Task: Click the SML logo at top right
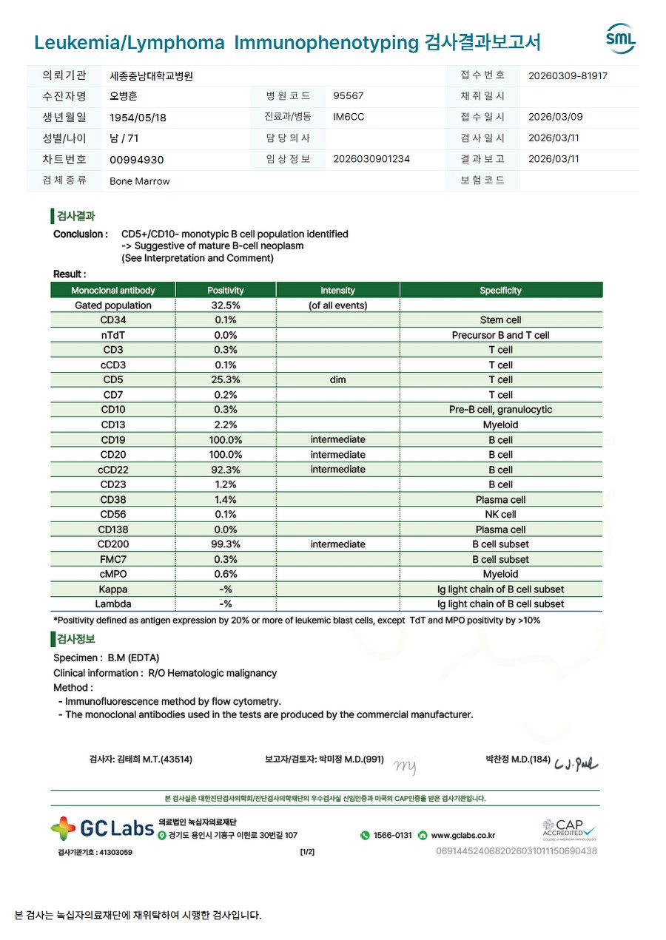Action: [620, 39]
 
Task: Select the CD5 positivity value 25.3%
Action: [226, 380]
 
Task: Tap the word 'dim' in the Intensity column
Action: [337, 380]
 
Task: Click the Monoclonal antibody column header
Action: [113, 291]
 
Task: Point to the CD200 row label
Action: [113, 544]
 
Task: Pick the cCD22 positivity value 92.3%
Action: [226, 470]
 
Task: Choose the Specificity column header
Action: [500, 291]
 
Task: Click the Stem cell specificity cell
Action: [500, 320]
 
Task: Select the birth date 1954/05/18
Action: [138, 118]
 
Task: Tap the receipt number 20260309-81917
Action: [568, 75]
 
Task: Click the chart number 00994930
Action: [136, 160]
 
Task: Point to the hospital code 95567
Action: [348, 96]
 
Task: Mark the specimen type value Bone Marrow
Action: [139, 181]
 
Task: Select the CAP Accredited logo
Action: [568, 829]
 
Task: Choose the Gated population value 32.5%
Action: [226, 305]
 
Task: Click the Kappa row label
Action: [113, 589]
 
